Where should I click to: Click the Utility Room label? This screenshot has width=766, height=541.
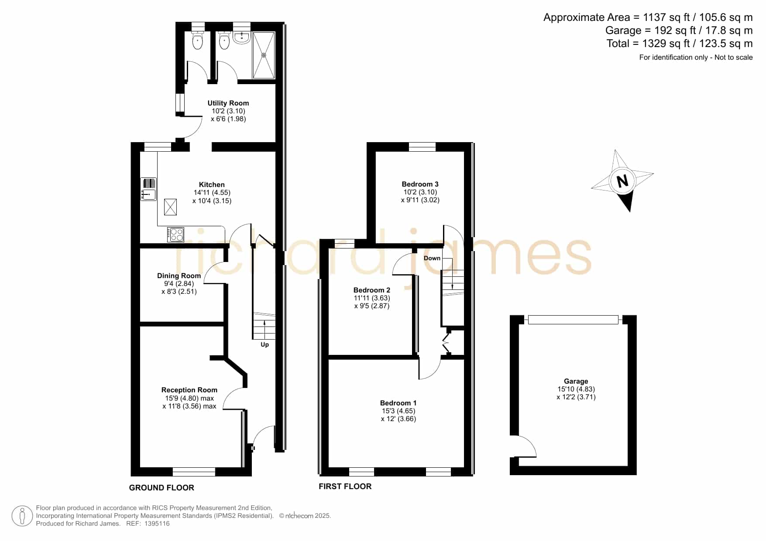228,103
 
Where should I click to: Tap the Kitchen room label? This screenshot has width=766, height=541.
212,184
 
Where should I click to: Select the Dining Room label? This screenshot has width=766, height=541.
179,276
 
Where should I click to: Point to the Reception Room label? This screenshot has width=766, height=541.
189,390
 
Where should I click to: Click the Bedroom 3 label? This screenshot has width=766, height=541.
420,184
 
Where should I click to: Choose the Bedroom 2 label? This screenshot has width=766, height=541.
372,290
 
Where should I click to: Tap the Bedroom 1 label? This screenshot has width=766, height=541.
398,403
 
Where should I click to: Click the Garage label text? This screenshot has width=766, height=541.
576,381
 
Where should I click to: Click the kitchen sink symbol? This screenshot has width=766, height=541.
148,189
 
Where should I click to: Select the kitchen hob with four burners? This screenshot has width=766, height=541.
175,235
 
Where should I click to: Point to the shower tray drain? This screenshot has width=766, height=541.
263,55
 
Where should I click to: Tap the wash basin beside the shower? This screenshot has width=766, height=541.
241,38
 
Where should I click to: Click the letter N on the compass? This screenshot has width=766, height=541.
622,180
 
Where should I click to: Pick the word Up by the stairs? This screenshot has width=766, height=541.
264,344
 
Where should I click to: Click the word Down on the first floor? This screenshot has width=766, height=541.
432,258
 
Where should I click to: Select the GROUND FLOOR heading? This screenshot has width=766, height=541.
161,487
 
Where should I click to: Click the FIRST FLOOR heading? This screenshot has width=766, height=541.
345,486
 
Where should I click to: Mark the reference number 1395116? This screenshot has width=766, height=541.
157,524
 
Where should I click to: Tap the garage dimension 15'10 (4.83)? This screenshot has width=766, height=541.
576,389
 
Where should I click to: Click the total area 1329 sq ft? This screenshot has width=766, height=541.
660,44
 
